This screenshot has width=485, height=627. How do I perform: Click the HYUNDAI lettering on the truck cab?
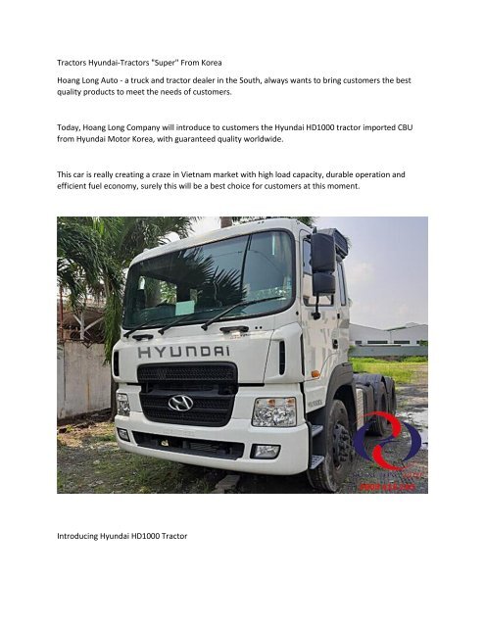(184, 350)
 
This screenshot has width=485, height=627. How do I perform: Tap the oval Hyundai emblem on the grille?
(180, 402)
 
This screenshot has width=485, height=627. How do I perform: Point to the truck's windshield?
(210, 280)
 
